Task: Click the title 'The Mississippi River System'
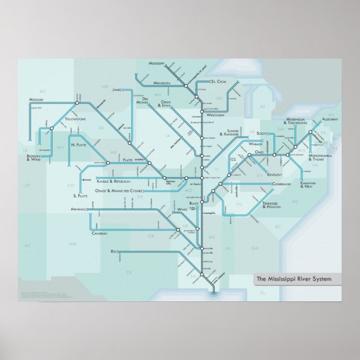(x=293, y=278)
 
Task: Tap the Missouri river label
(x=36, y=100)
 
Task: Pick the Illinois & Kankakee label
(x=229, y=134)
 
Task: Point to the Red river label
(x=114, y=251)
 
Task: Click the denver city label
(x=86, y=181)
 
